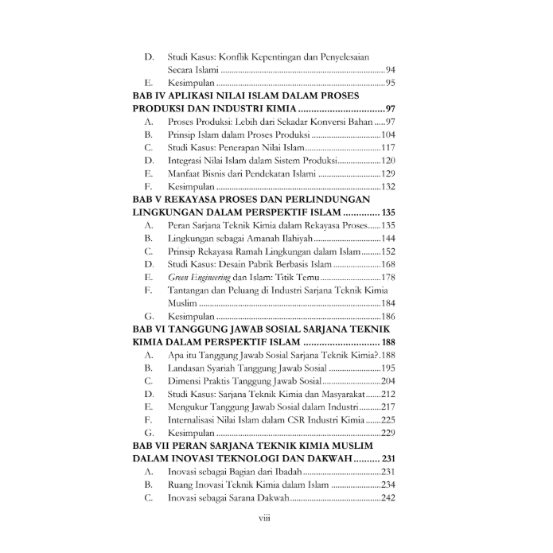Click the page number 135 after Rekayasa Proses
click(x=387, y=225)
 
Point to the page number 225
click(x=387, y=419)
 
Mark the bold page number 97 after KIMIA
click(x=388, y=109)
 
